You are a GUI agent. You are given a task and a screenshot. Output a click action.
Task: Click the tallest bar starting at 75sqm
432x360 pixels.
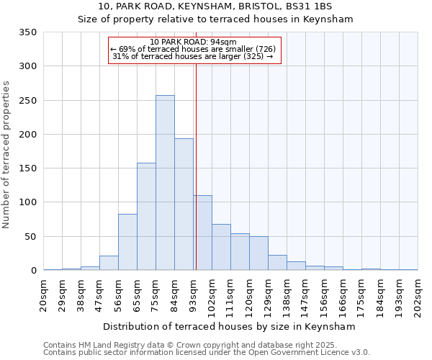165,183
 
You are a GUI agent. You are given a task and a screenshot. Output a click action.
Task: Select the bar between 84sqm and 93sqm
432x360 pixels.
184,204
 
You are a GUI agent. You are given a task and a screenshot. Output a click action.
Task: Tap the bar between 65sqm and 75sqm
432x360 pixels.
146,216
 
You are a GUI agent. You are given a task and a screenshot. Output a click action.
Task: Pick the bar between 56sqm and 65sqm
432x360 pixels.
127,242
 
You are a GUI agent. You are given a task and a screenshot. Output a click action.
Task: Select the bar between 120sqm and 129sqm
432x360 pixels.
258,253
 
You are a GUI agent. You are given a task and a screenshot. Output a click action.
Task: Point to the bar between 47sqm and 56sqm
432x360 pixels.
109,263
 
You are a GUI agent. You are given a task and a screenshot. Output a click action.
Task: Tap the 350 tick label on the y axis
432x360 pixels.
27,32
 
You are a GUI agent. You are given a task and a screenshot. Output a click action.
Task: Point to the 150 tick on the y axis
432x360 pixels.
27,168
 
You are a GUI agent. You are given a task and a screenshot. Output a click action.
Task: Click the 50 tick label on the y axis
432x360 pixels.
30,236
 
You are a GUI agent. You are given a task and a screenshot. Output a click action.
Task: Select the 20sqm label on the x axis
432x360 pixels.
43,294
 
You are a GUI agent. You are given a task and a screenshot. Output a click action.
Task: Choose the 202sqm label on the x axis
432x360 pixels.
418,295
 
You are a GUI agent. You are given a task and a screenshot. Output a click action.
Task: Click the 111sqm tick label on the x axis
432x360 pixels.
230,295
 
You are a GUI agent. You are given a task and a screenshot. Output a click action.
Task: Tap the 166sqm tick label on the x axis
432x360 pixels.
343,295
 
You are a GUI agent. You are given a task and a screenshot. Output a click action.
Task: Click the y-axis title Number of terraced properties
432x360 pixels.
7,154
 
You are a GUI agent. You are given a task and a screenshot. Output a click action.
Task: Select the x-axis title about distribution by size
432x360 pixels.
230,326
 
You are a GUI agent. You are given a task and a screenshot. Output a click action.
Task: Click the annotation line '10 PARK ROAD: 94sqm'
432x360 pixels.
194,42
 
